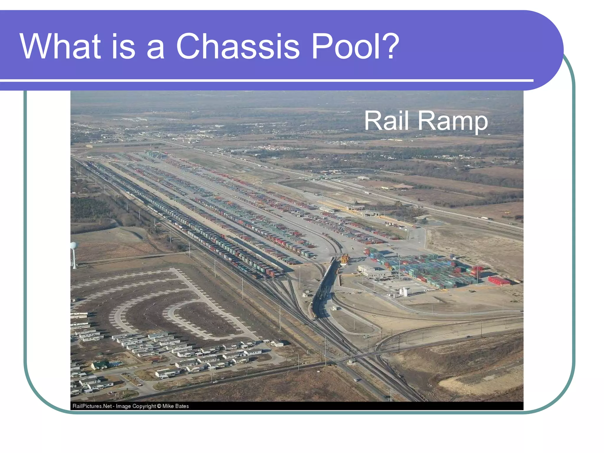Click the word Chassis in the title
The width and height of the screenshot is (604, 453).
(x=238, y=46)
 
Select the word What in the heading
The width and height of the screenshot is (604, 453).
(x=60, y=46)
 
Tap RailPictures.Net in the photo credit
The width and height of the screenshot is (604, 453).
(x=92, y=406)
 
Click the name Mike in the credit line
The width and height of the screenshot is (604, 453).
(x=168, y=406)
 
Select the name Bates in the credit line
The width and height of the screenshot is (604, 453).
(x=182, y=406)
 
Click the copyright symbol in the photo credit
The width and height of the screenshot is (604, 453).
(x=159, y=406)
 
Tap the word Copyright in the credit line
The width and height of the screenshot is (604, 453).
(x=144, y=406)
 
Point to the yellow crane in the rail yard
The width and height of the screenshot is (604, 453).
(x=344, y=260)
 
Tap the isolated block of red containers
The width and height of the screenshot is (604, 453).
(x=499, y=280)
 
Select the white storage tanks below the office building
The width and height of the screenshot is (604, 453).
(x=403, y=292)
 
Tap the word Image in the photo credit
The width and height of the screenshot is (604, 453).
(x=123, y=406)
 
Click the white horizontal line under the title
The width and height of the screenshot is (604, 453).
(x=265, y=80)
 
